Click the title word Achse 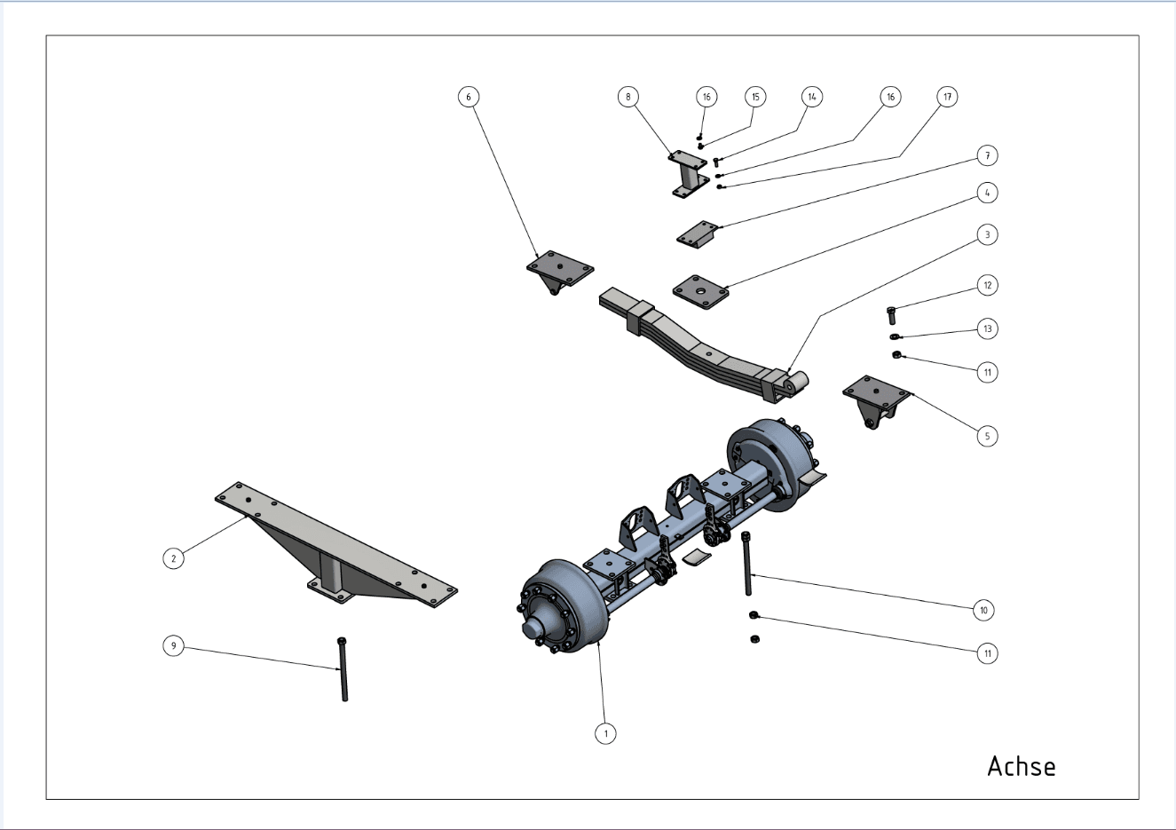click(1022, 766)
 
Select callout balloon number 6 click(469, 97)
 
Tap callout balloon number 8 click(627, 97)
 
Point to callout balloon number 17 click(947, 97)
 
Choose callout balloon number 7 click(987, 155)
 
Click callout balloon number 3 click(987, 234)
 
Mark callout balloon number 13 click(987, 328)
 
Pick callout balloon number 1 click(605, 733)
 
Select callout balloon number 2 click(173, 558)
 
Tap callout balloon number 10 click(983, 610)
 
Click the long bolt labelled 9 click(343, 669)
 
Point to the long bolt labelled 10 click(747, 564)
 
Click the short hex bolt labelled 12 click(891, 315)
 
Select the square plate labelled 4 click(701, 292)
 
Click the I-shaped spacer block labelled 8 click(688, 175)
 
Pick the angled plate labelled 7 click(697, 234)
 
